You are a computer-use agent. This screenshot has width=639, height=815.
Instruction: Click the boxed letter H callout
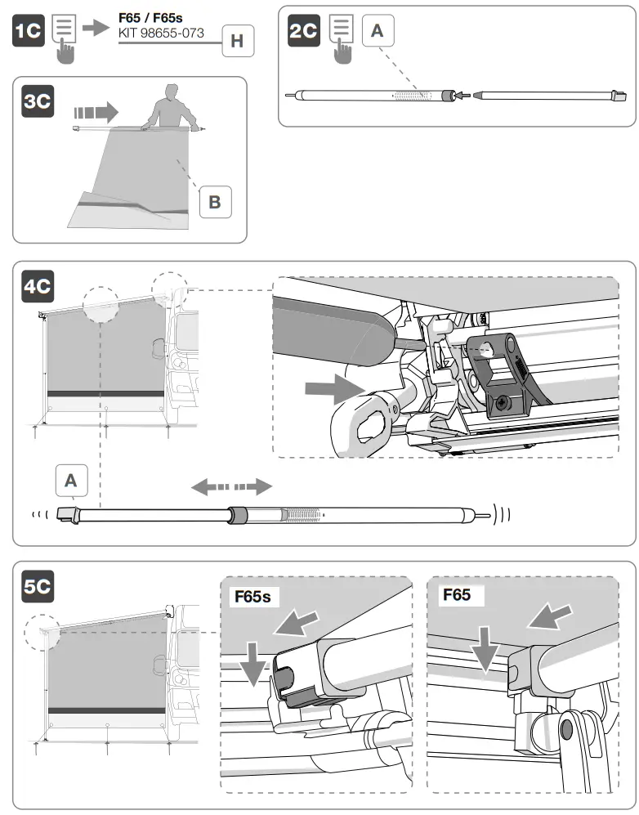237,41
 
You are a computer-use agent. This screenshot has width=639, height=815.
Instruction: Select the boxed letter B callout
215,201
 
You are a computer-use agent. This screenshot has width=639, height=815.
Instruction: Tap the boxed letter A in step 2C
377,30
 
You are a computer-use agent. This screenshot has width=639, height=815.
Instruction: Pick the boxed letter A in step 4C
71,480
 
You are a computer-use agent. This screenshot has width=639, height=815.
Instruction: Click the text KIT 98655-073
162,34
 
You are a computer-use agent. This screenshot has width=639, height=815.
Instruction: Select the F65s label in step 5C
252,595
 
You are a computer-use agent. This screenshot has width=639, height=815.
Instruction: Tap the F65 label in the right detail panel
457,594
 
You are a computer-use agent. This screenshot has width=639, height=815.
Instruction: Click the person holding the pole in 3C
172,107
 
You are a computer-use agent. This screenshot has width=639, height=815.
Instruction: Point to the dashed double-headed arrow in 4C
231,487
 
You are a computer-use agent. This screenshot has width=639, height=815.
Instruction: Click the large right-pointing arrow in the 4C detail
325,390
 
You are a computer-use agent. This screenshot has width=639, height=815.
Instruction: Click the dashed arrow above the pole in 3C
96,109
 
